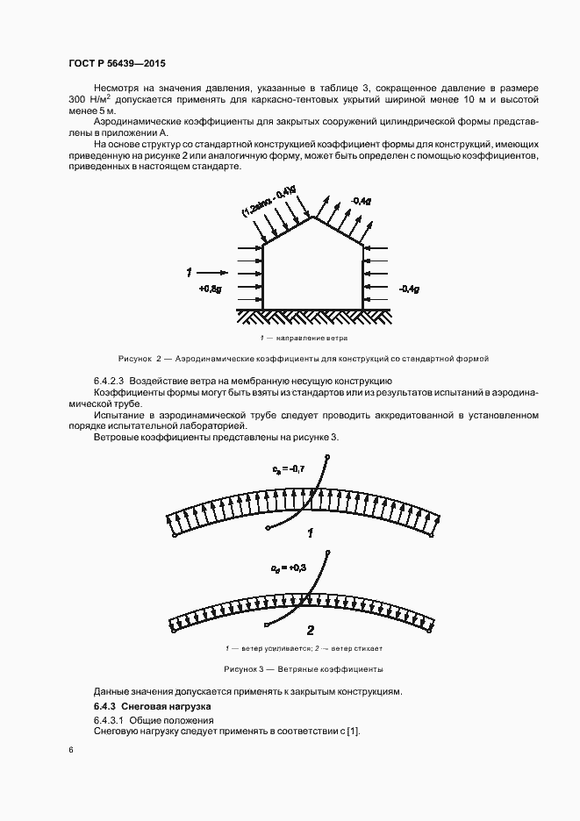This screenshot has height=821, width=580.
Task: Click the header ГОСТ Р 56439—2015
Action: point(117,64)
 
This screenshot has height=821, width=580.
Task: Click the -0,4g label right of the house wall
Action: point(410,288)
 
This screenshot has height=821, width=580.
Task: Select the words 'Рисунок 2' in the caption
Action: point(141,359)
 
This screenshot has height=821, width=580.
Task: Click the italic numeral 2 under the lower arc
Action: point(310,630)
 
